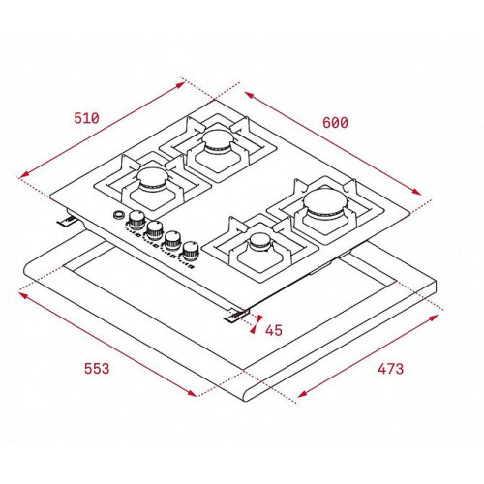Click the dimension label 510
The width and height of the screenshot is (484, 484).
click(86, 118)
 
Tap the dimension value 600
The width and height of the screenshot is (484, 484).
click(335, 123)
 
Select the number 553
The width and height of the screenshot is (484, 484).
click(97, 368)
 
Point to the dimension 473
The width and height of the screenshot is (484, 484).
click(390, 369)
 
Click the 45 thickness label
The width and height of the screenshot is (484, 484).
click(274, 330)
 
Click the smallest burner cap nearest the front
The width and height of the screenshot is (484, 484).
click(260, 242)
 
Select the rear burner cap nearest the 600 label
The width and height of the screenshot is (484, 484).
click(218, 140)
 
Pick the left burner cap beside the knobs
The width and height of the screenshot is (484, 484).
click(153, 177)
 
